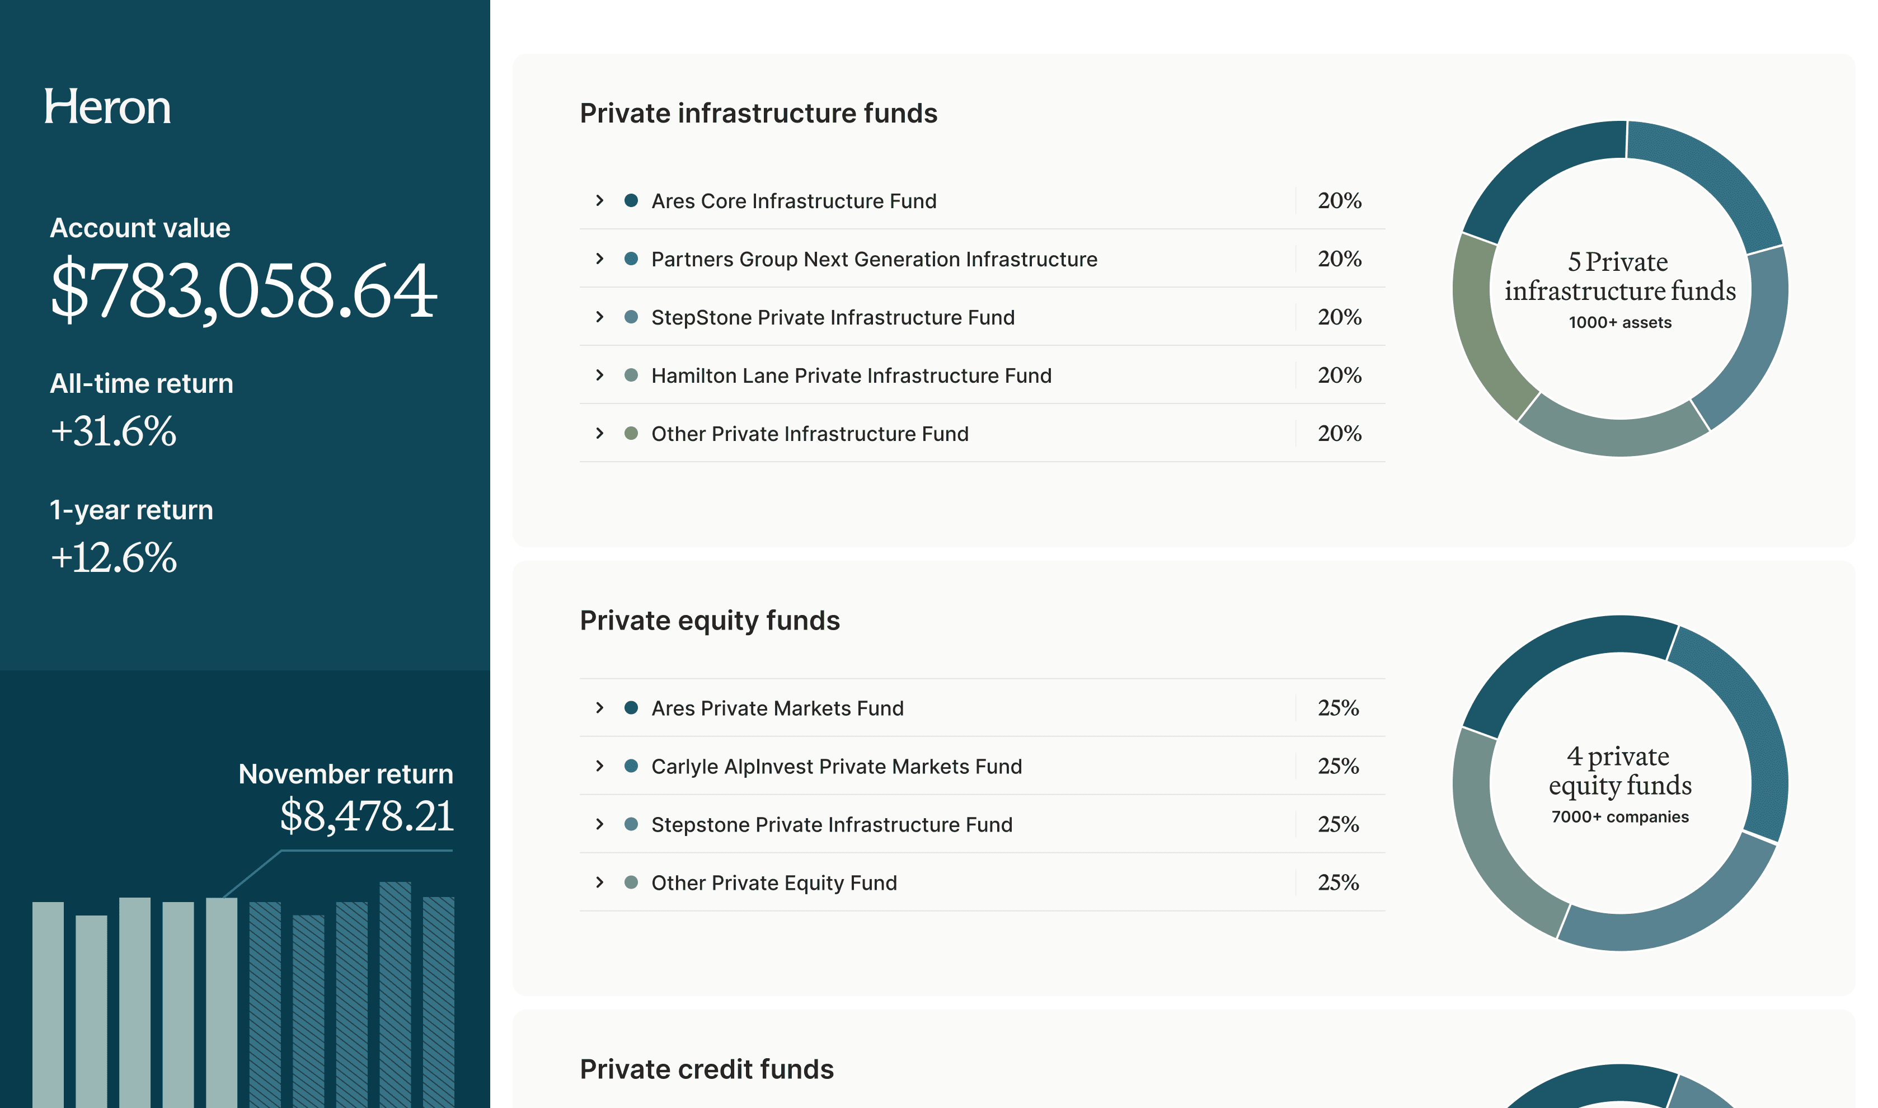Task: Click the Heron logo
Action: pos(107,107)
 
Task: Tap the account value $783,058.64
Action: pos(243,290)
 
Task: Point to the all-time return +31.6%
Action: pos(114,431)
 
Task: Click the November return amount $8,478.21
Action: pos(367,815)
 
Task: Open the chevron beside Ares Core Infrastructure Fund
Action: pos(599,200)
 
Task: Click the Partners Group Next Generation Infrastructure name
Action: pos(874,259)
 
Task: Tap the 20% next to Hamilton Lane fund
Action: pos(1339,375)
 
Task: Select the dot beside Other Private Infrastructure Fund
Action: pos(631,433)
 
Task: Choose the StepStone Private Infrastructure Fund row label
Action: pos(833,317)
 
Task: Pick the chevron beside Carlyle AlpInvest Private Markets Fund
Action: pos(599,766)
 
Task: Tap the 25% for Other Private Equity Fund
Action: pos(1337,882)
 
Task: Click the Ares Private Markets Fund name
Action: pos(777,708)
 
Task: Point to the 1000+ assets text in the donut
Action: pos(1619,322)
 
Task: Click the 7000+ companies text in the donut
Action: pos(1619,817)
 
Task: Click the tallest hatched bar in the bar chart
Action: pos(395,993)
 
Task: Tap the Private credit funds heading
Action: pos(706,1069)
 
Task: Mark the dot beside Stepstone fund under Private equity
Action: pos(631,824)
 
